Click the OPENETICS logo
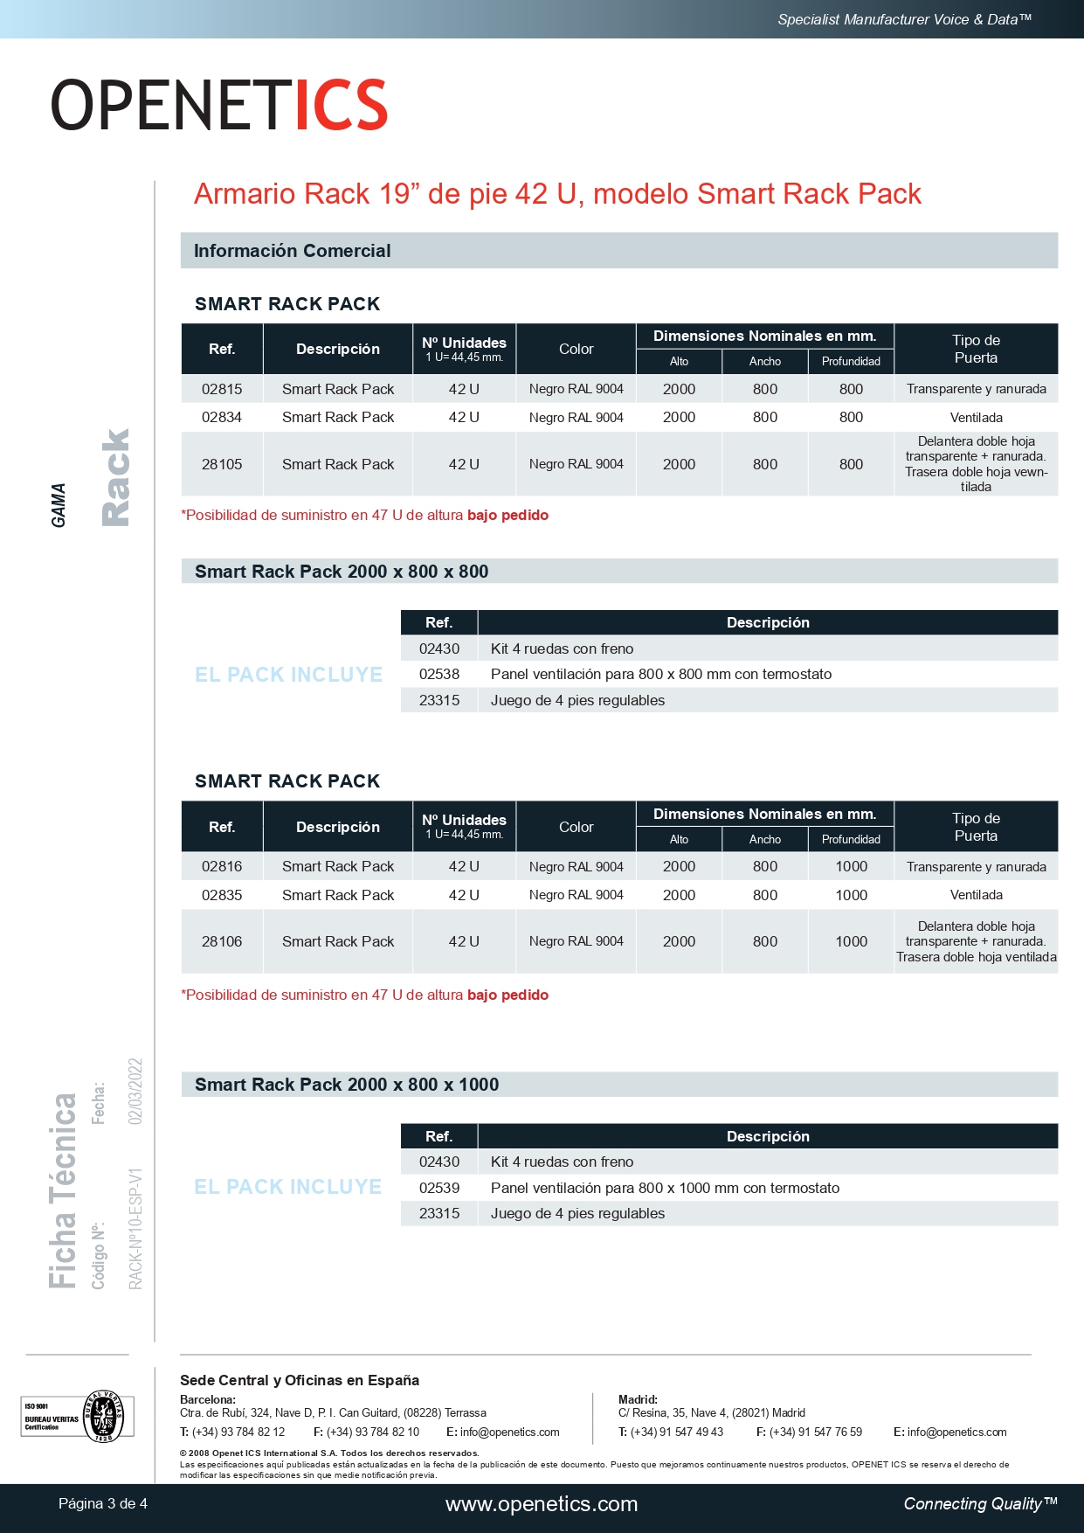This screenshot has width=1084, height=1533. coord(218,105)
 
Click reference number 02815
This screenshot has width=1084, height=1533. coord(222,389)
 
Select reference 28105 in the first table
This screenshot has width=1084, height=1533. coord(222,464)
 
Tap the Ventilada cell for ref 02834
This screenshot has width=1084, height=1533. coord(976,418)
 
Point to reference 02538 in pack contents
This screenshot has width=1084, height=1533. coord(438,674)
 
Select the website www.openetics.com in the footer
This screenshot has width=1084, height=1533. coord(542,1504)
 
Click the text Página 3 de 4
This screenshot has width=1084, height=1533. coord(103,1504)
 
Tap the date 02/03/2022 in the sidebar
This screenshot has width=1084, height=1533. coord(135,1091)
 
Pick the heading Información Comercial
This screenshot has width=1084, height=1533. coord(292,251)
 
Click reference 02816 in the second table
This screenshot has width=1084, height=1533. coord(222,866)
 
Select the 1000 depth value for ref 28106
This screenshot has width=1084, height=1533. coord(851,941)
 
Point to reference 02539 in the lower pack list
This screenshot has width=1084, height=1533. coord(438,1188)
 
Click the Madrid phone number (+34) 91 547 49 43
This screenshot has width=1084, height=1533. coord(676,1432)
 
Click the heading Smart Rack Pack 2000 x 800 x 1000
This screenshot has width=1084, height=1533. coord(347,1085)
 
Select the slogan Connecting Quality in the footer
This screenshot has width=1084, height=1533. coord(980,1504)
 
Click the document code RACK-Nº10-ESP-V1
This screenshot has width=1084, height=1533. coord(135,1228)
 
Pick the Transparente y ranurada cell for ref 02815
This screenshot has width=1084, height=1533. coord(976,389)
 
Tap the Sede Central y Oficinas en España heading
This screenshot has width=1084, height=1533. coord(300,1380)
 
